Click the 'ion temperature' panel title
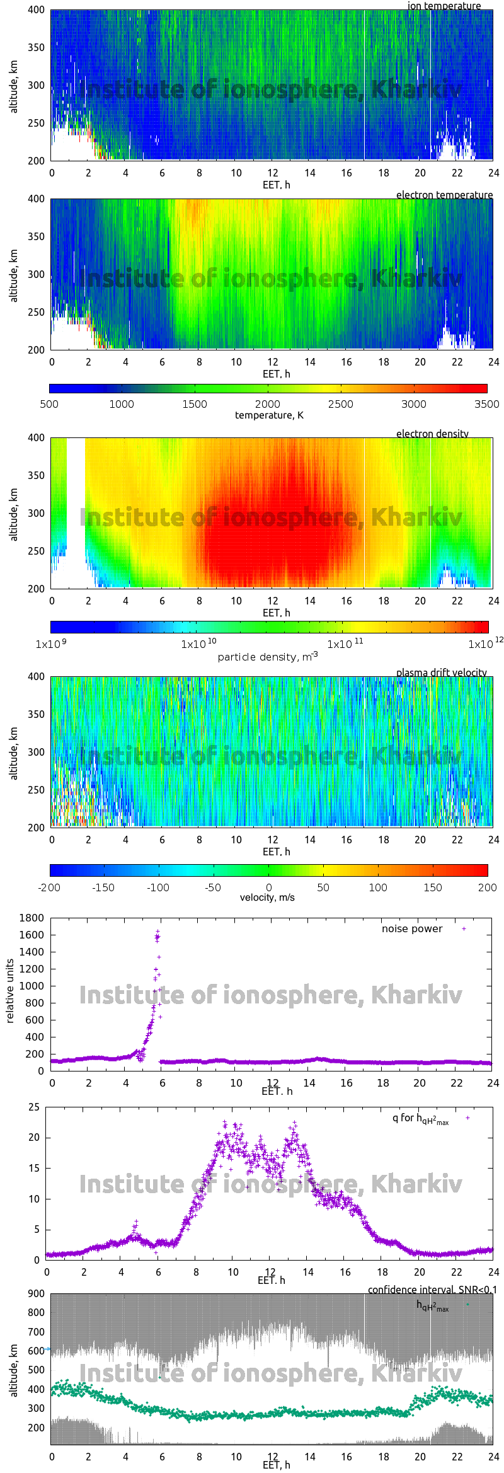pos(444,6)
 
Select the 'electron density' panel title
pos(432,434)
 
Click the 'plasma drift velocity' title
pos(441,673)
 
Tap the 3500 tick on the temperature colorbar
pos(486,404)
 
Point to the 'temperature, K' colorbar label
pos(269,415)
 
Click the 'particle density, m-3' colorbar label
pos(267,657)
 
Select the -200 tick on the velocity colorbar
pos(49,887)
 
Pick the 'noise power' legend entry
pos(412,929)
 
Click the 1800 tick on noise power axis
pos(31,918)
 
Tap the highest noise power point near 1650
pos(157,932)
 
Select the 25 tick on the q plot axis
pos(34,1107)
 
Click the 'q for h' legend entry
pos(420,1118)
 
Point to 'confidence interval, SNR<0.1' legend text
pos(432,1290)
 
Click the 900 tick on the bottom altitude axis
pos(37,1294)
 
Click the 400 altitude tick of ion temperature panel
pos(36,11)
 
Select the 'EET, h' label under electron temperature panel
pos(276,374)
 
